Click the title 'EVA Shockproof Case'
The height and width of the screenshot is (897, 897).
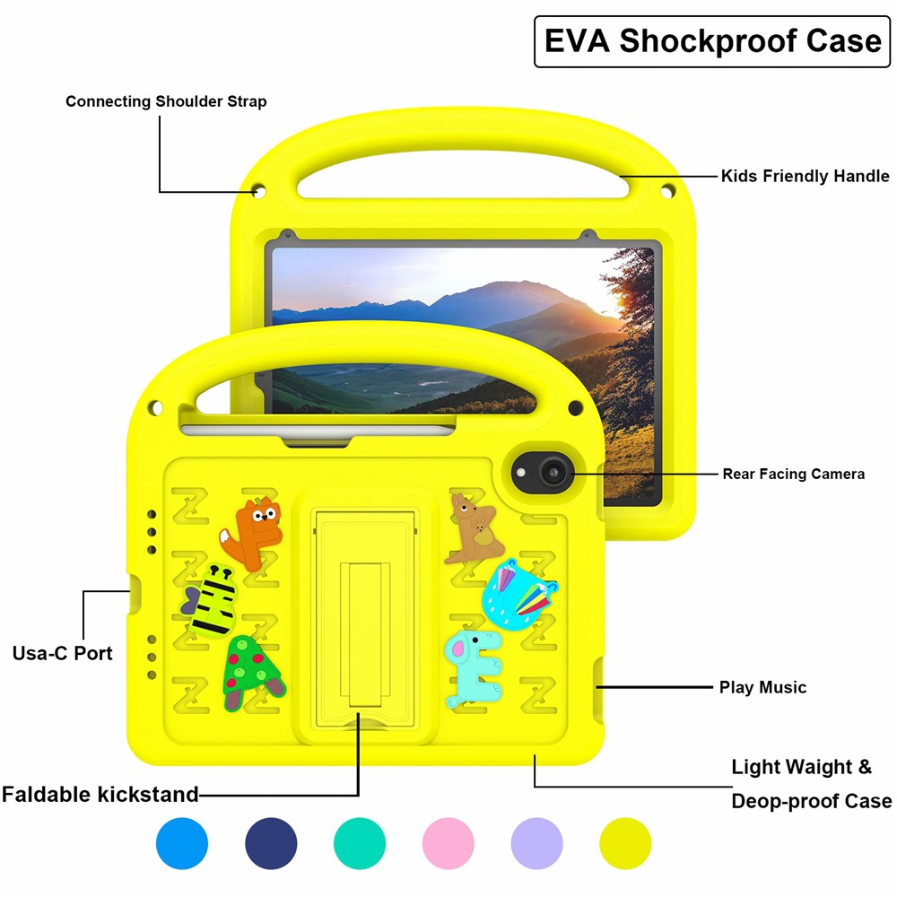(x=713, y=42)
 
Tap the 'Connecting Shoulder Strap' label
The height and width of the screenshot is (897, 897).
(x=166, y=101)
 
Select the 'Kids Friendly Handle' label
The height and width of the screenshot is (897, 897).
(x=805, y=176)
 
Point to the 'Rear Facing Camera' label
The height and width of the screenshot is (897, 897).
(x=793, y=474)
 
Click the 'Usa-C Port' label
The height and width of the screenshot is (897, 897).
(x=63, y=653)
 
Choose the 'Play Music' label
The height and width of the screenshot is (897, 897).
(x=762, y=688)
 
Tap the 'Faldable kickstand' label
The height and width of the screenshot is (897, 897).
(x=100, y=795)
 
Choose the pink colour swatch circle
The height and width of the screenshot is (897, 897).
(x=448, y=843)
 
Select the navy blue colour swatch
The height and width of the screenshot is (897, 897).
(x=271, y=843)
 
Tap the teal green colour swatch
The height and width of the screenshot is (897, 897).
(x=360, y=843)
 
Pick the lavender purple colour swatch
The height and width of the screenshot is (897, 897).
(x=536, y=843)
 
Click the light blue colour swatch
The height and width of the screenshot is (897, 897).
(x=182, y=843)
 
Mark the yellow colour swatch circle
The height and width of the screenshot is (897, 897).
(x=625, y=843)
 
